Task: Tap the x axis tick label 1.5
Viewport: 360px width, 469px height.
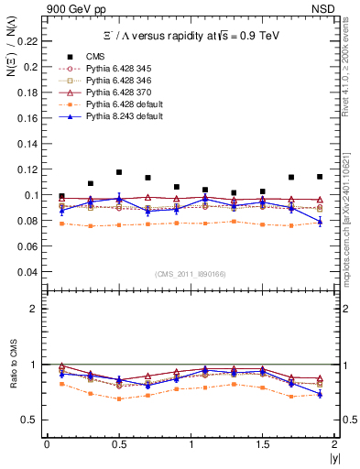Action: click(x=262, y=444)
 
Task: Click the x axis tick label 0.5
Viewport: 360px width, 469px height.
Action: click(x=118, y=444)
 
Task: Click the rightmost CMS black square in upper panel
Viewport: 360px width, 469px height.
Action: click(x=320, y=177)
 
